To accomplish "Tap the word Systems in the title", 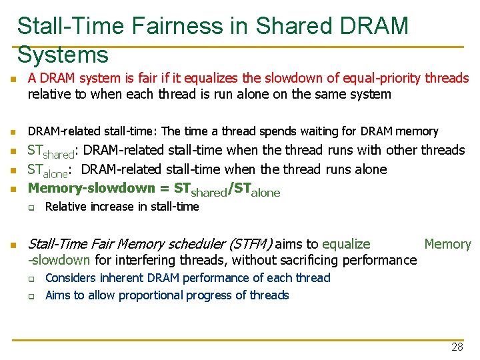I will (x=63, y=54).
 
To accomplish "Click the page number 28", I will (x=457, y=347).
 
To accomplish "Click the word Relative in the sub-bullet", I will (x=65, y=207).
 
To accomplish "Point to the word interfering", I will (x=126, y=260).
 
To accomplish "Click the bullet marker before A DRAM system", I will (x=13, y=79).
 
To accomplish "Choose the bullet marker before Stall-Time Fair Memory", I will (x=13, y=245).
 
